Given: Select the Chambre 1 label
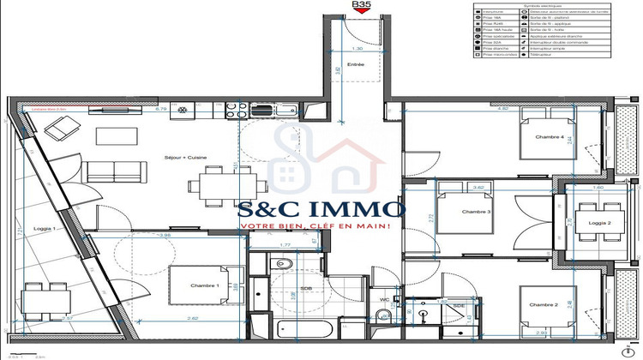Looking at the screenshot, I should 205,285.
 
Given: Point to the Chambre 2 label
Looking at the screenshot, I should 544,305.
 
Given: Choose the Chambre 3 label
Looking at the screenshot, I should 475,212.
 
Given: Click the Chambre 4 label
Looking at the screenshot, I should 550,137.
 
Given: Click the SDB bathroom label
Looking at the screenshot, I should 305,289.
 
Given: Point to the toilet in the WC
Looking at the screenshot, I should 385,316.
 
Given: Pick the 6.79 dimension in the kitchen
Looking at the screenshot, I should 160,110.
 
